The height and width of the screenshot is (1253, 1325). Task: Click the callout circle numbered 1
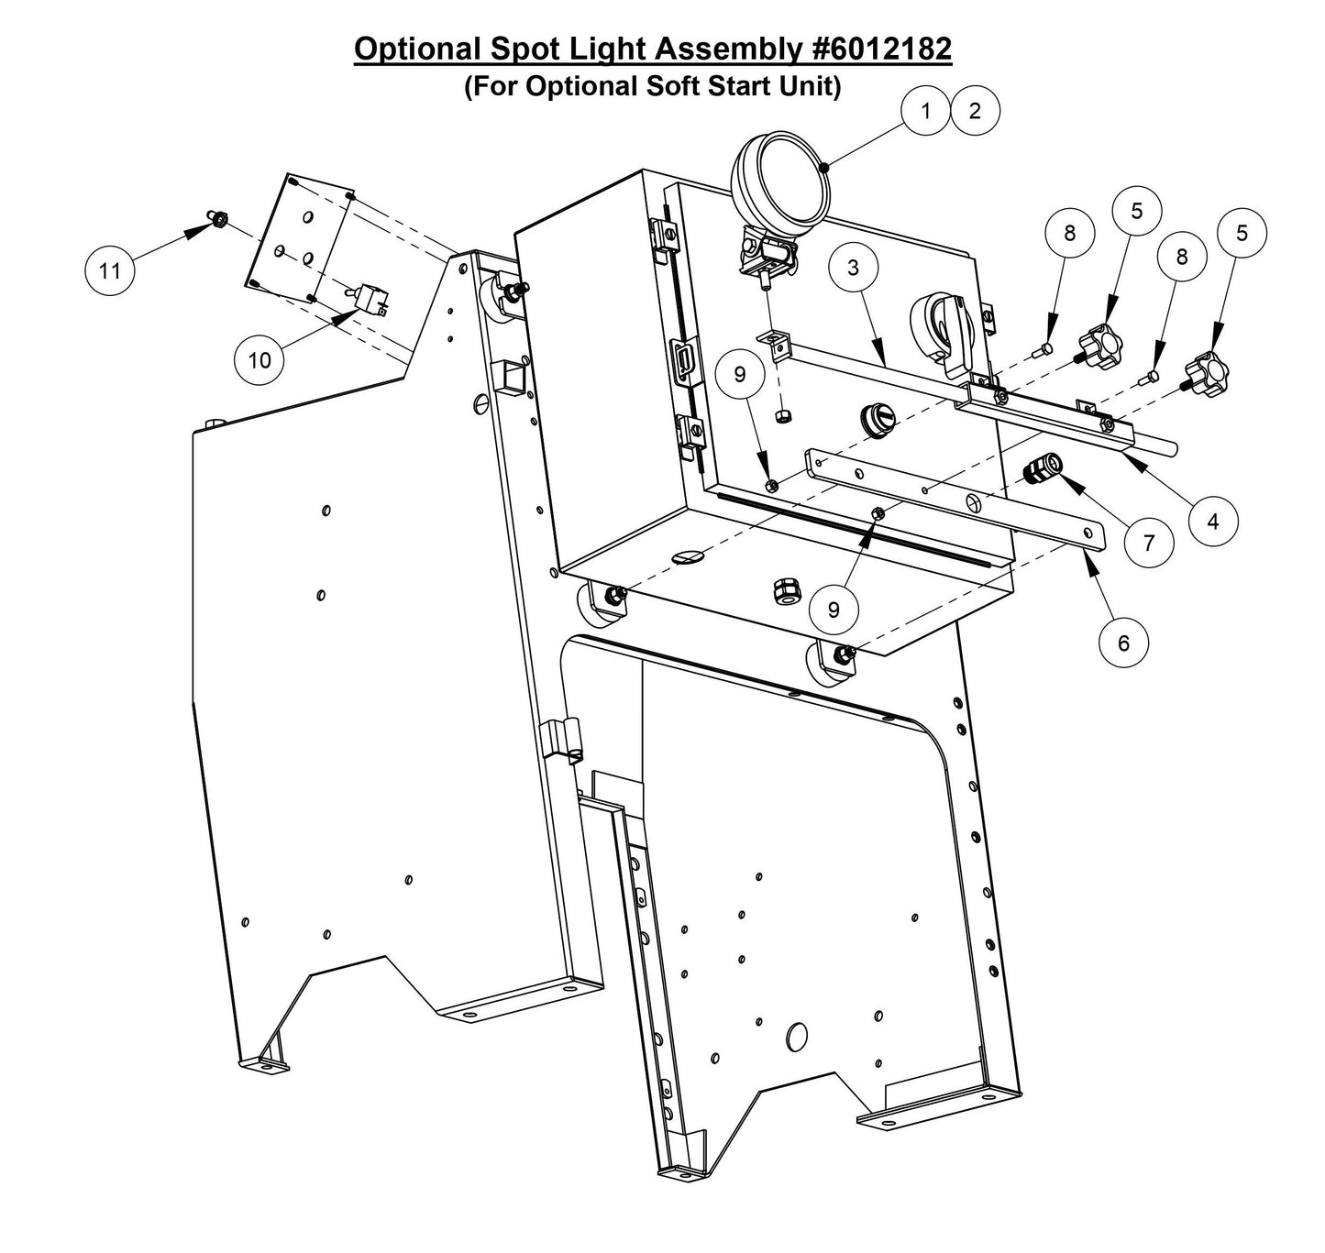click(925, 111)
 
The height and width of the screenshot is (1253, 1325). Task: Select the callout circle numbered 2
click(975, 111)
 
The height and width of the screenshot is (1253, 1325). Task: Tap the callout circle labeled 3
click(853, 267)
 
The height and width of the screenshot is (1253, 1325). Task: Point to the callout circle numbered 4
click(1213, 521)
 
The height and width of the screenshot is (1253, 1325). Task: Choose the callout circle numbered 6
click(1124, 643)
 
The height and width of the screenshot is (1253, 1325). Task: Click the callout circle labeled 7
click(1149, 542)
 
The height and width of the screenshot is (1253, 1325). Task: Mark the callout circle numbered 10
click(259, 359)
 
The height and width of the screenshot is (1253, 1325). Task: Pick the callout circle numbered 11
click(110, 270)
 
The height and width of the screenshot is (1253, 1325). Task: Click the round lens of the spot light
click(794, 177)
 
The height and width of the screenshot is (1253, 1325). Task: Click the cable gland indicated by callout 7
click(1043, 468)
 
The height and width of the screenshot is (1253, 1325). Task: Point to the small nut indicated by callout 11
click(219, 219)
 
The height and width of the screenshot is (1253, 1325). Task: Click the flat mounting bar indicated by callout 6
click(954, 500)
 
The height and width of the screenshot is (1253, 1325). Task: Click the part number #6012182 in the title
click(882, 49)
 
